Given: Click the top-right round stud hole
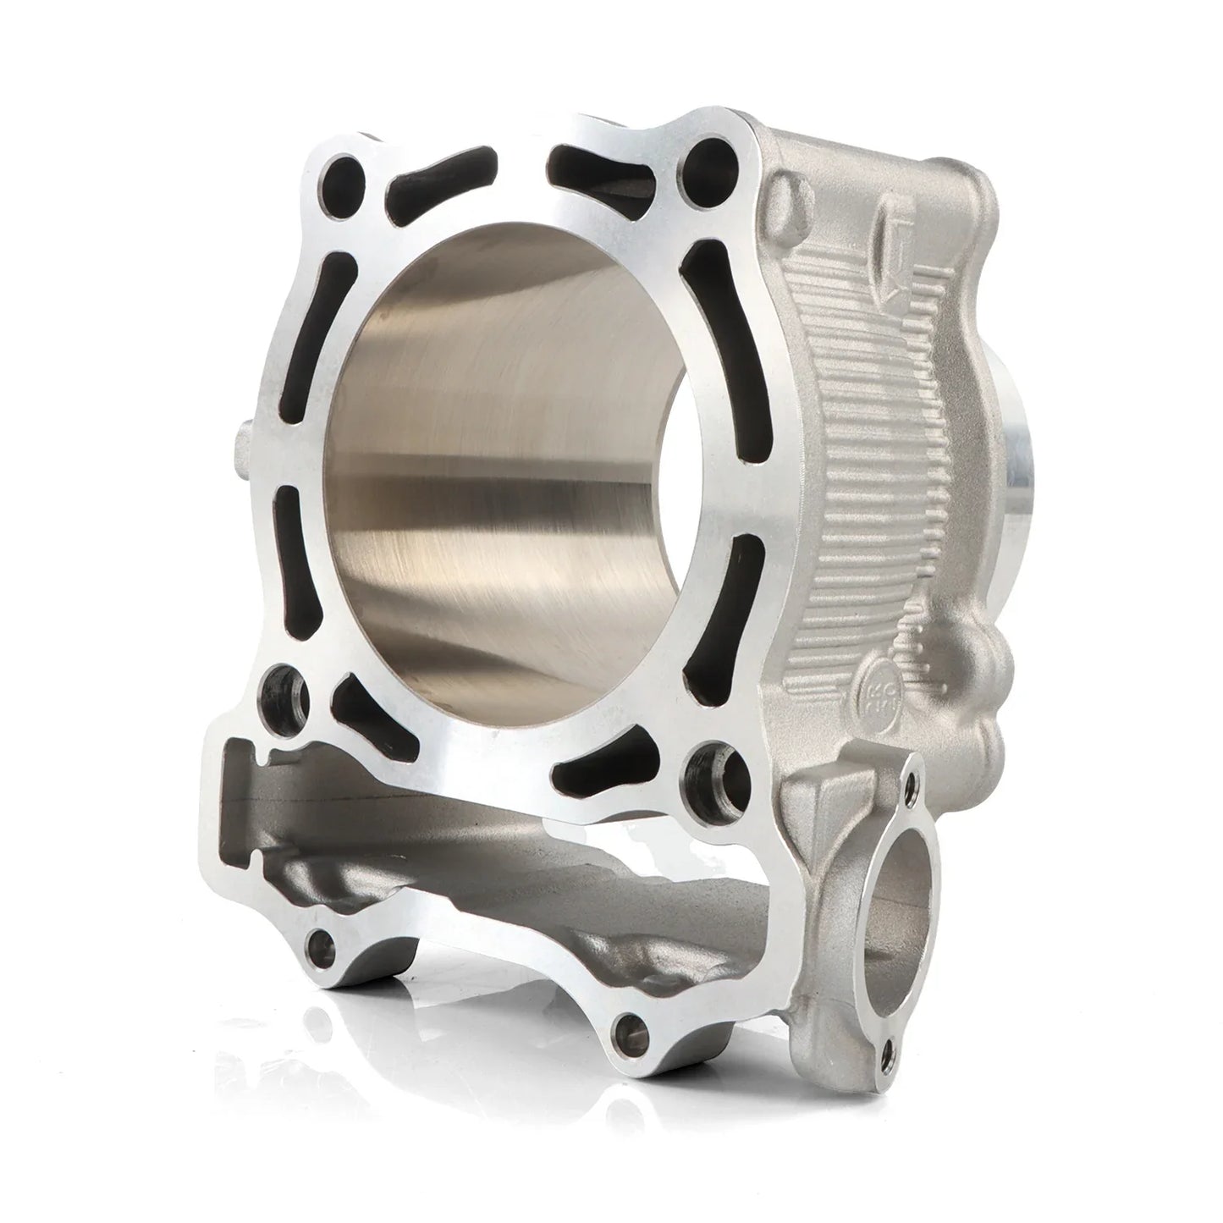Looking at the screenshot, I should (702, 160).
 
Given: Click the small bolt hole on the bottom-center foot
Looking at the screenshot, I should (630, 1027).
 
